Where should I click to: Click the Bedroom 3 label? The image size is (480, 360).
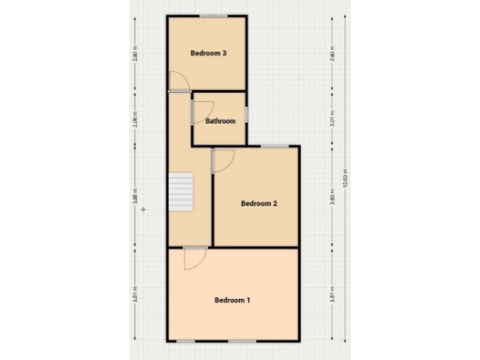(208, 53)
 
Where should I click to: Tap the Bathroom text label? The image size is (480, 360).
(220, 120)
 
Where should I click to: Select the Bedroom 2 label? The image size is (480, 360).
(259, 203)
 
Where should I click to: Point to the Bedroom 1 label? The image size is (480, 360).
(232, 300)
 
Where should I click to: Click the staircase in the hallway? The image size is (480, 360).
(179, 192)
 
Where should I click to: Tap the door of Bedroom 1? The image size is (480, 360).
(194, 257)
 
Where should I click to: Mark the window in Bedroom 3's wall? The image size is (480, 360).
(217, 16)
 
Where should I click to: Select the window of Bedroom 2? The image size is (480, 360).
(275, 146)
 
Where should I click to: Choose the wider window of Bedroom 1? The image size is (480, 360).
(242, 340)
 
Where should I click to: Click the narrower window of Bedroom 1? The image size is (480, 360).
(187, 340)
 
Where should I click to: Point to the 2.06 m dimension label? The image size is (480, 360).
(135, 120)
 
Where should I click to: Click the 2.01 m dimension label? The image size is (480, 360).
(332, 120)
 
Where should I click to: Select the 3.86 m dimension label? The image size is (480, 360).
(135, 198)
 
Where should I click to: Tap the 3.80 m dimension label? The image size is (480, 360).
(332, 198)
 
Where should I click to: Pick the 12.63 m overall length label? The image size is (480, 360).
(346, 178)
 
